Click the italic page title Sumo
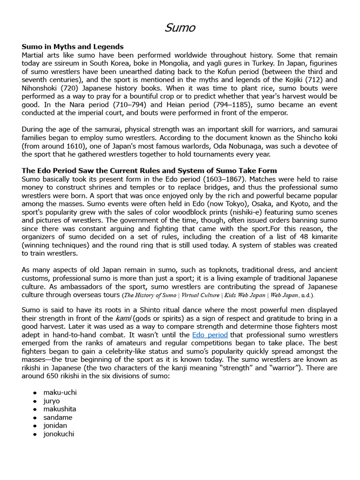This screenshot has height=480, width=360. [x=180, y=28]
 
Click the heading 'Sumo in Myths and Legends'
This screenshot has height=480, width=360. [x=73, y=46]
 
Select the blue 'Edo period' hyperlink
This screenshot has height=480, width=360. [x=210, y=335]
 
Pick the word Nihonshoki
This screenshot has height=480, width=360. [x=41, y=89]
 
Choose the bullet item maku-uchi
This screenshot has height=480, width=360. [x=60, y=392]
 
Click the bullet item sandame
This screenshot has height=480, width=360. [x=58, y=417]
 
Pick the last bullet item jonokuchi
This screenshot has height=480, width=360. [x=59, y=434]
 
